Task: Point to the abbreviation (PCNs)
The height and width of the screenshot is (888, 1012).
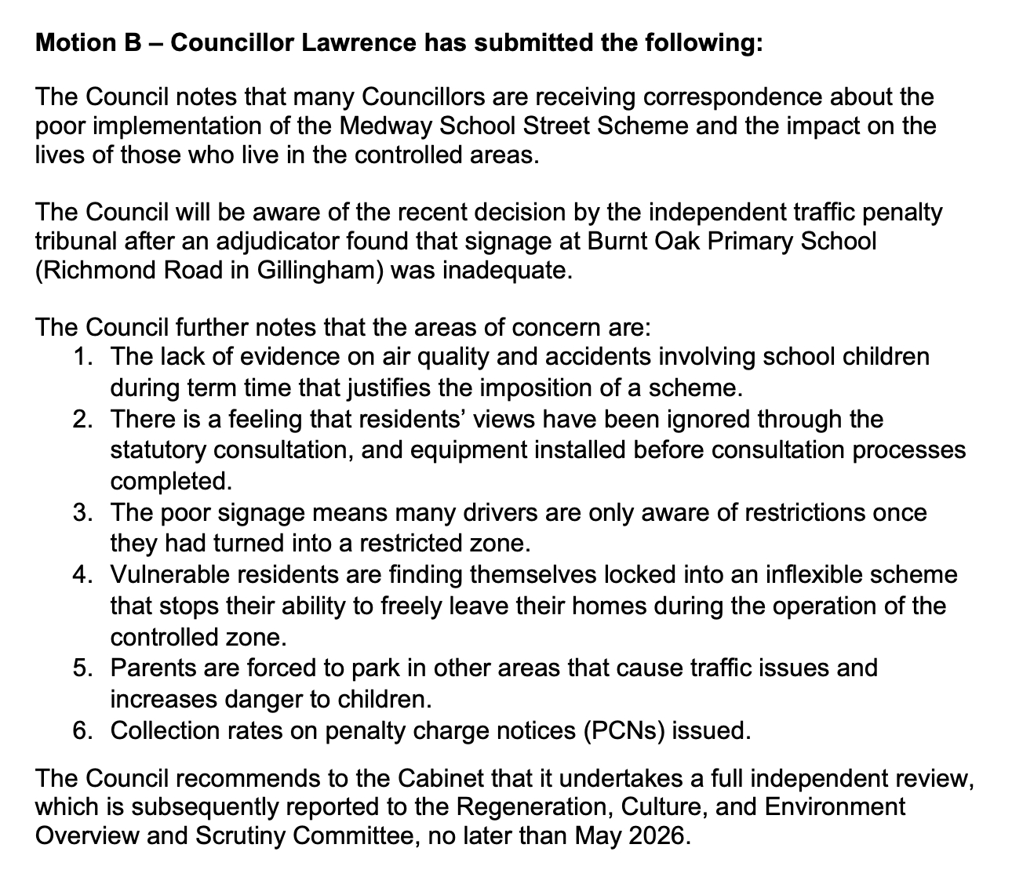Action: coord(624,731)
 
